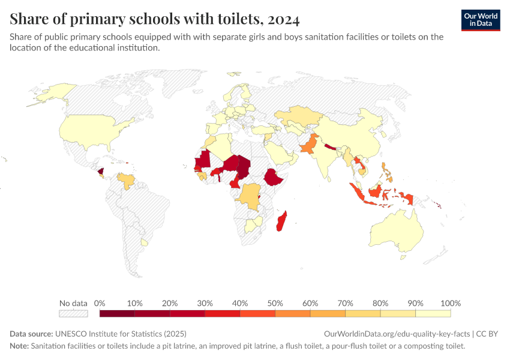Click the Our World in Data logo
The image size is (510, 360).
[x=481, y=20]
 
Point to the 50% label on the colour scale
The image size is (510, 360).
[x=275, y=303]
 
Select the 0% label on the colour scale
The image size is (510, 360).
[x=100, y=303]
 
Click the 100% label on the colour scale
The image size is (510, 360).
[x=450, y=303]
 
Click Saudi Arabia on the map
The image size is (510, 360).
[x=279, y=152]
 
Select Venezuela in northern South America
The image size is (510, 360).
[x=126, y=180]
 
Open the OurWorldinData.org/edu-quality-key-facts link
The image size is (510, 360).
[x=397, y=334]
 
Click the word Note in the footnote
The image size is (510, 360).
[x=19, y=346]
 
